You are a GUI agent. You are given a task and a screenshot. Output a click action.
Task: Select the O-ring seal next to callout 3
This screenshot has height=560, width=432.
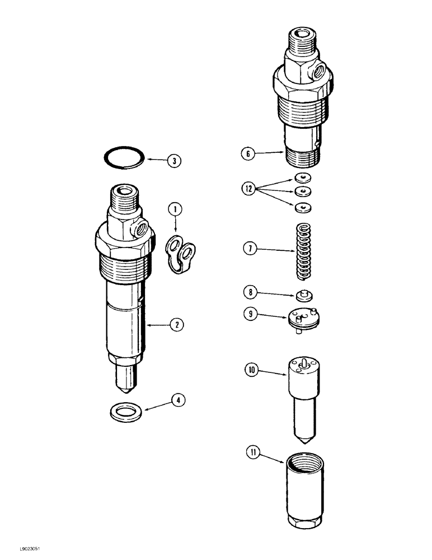(124, 158)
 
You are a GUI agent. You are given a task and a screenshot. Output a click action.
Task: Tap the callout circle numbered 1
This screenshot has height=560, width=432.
(175, 210)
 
